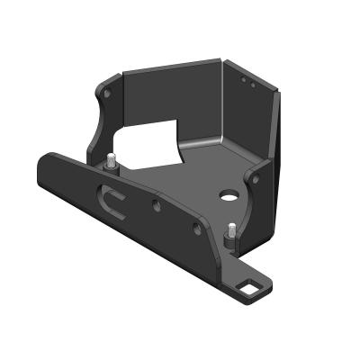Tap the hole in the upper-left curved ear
pos(108,92)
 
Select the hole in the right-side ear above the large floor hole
pos(256,178)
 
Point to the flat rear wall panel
pos(171,103)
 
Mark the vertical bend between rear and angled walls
pos(222,103)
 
